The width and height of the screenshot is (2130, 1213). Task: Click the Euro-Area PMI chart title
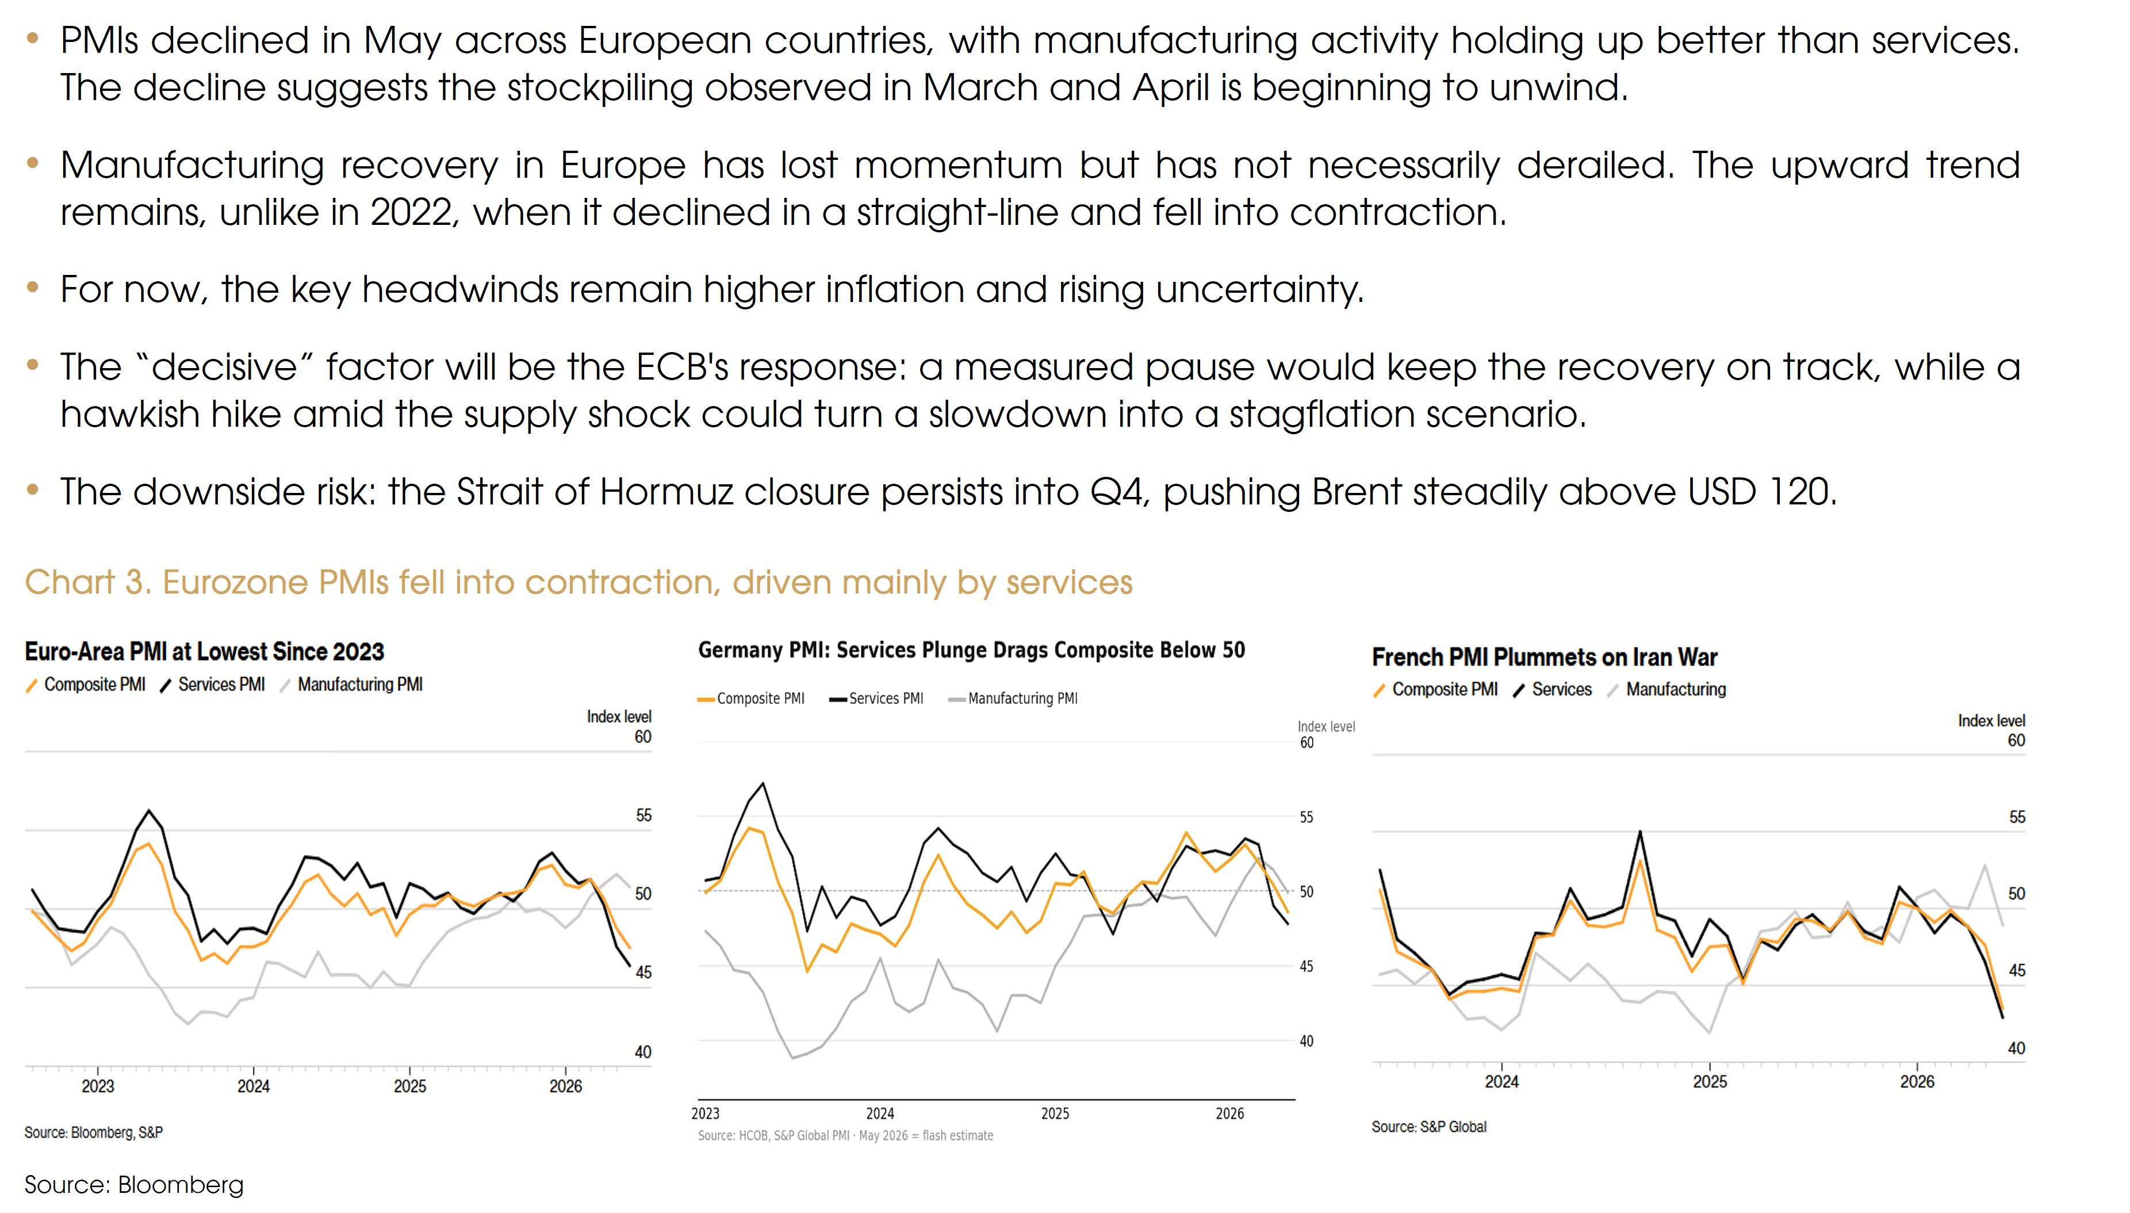tap(204, 652)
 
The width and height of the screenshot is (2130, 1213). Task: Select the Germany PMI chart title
tap(971, 650)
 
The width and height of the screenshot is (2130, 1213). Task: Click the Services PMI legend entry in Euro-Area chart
tap(212, 684)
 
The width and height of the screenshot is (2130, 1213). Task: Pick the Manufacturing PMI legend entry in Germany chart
tap(1013, 698)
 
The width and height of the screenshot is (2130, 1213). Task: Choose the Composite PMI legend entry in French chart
tap(1435, 689)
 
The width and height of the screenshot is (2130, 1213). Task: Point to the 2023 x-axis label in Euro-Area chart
tap(97, 1086)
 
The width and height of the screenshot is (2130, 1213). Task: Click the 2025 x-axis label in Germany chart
tap(1055, 1113)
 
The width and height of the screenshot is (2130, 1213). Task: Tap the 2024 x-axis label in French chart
tap(1501, 1081)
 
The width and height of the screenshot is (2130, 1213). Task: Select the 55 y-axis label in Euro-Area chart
tap(643, 815)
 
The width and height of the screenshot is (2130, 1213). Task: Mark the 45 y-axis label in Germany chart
tap(1307, 966)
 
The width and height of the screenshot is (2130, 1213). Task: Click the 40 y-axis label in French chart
tap(2016, 1048)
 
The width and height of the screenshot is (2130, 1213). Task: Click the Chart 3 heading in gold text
tap(579, 582)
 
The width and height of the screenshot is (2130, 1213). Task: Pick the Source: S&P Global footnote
tap(1429, 1126)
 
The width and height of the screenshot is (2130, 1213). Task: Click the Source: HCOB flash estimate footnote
tap(845, 1135)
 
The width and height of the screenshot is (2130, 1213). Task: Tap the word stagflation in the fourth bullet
tap(1323, 414)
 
